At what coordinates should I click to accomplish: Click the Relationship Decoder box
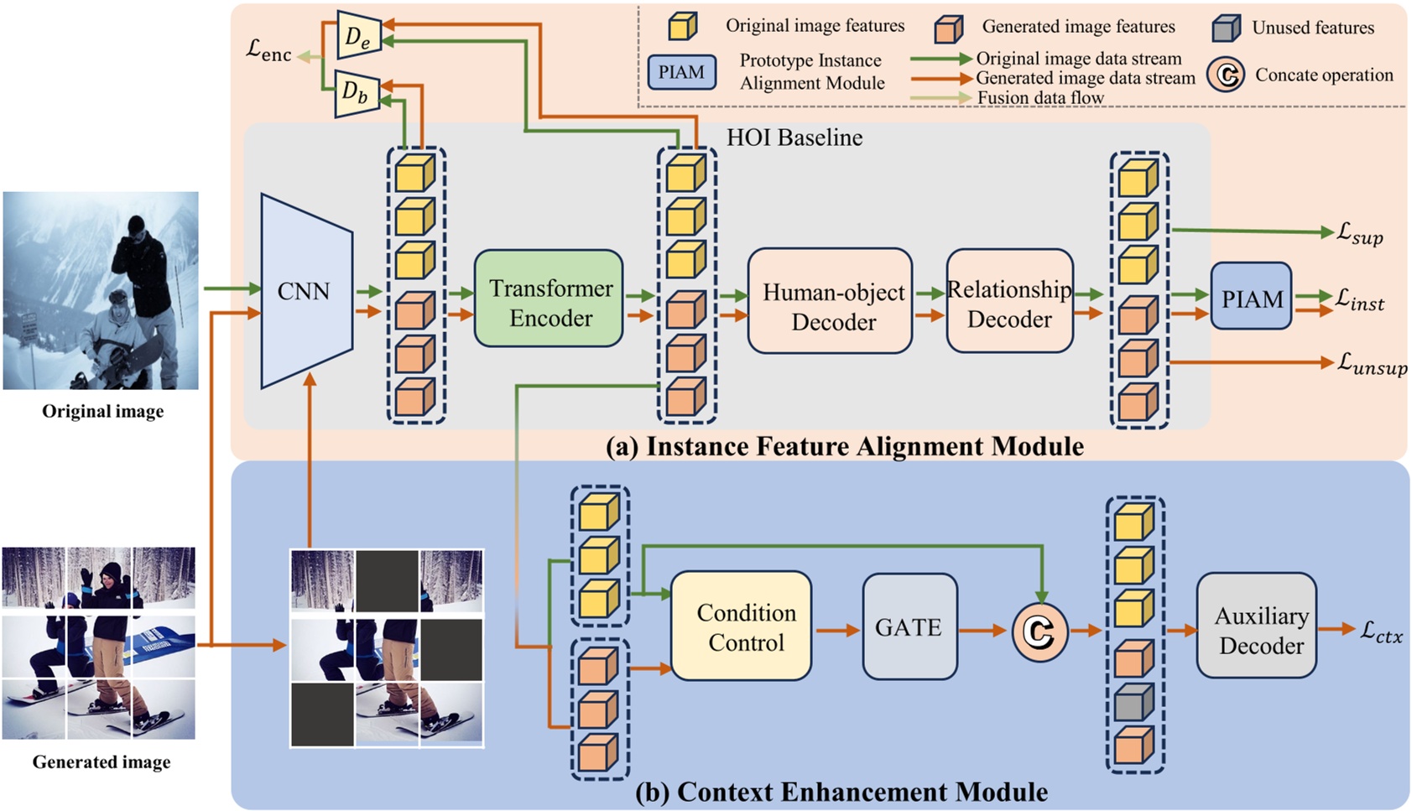click(1009, 301)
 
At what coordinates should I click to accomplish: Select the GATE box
click(909, 626)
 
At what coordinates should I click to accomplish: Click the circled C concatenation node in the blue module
click(1039, 632)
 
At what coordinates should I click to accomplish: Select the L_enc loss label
click(268, 51)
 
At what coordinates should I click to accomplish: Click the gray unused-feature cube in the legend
click(1226, 28)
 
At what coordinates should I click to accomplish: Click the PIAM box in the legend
click(681, 72)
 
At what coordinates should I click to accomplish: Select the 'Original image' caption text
click(102, 411)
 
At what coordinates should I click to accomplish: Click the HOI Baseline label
click(794, 138)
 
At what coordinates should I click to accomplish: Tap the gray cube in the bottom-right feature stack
click(1133, 701)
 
